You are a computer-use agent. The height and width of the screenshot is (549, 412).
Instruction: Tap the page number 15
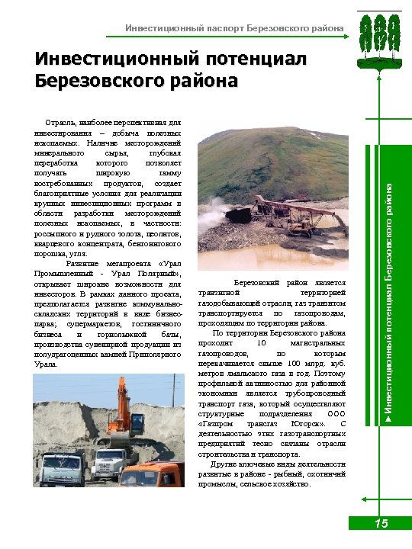click(x=381, y=523)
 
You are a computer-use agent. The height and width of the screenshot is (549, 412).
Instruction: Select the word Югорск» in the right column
click(x=310, y=423)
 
